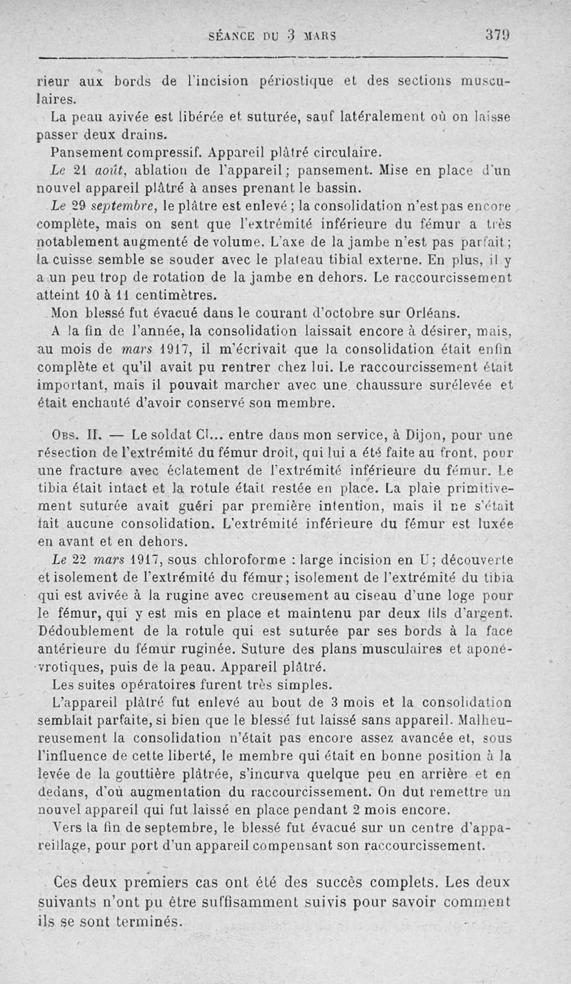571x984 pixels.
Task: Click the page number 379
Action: pos(495,34)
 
